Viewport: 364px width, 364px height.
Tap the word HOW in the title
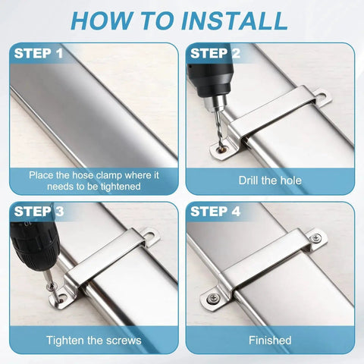[x=107, y=20]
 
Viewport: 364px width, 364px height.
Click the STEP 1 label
[x=38, y=54]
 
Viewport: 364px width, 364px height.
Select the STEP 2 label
[x=215, y=53]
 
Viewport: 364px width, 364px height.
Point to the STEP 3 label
[x=38, y=212]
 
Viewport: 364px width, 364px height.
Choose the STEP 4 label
[x=215, y=212]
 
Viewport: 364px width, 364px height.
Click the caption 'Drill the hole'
[x=270, y=181]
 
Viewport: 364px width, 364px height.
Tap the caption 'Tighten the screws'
[x=94, y=340]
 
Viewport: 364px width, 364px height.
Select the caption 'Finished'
[x=270, y=340]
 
